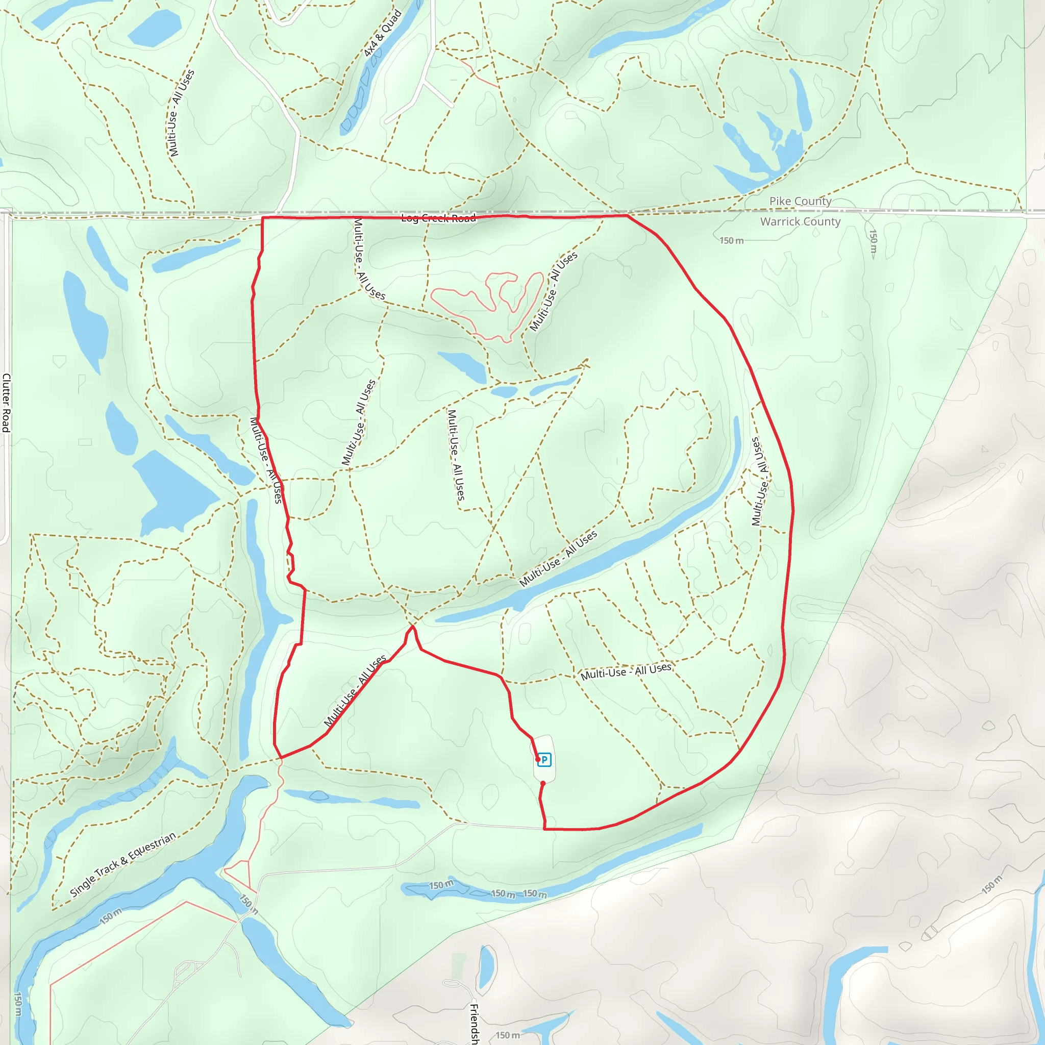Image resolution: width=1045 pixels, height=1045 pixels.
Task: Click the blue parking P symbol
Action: pos(544,760)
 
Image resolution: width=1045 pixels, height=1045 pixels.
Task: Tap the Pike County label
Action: pos(801,201)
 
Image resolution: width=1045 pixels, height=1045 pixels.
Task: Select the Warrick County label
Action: pos(800,221)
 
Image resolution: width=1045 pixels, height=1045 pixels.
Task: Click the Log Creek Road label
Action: pos(439,218)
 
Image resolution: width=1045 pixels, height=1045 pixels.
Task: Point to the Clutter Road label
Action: pos(6,403)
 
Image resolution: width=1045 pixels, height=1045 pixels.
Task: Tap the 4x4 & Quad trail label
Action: pos(382,34)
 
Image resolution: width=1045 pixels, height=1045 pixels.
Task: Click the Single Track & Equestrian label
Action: pos(123,864)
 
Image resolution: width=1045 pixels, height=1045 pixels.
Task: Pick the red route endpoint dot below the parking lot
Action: pos(543,783)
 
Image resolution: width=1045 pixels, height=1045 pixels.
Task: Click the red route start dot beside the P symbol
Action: pos(538,759)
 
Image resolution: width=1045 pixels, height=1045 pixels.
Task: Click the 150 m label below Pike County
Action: pos(731,241)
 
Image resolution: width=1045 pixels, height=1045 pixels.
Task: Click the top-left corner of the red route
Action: pos(263,217)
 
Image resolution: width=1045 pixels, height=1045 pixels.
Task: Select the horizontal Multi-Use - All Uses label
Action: pos(626,672)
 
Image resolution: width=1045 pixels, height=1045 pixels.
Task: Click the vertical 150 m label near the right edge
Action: pos(873,241)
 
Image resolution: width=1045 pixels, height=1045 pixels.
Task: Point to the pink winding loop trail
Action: pos(487,303)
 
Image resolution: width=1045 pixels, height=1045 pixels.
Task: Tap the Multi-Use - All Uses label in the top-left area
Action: pos(181,113)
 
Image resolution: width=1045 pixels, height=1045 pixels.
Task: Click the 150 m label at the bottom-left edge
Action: pos(18,1003)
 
